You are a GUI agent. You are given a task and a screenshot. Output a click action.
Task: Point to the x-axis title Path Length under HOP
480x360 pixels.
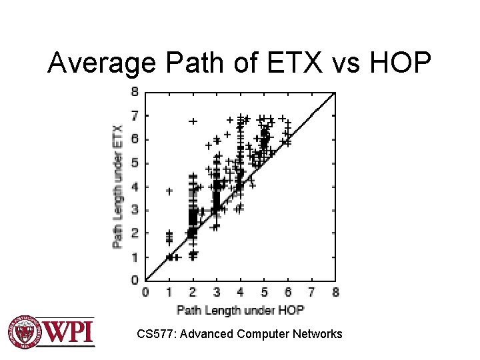coord(240,309)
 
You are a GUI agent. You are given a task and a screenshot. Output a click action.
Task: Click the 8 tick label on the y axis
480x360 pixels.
coord(135,91)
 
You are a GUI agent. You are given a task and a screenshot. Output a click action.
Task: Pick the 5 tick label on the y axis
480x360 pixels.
coord(135,163)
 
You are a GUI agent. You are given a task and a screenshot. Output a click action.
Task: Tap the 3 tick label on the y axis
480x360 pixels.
coord(135,210)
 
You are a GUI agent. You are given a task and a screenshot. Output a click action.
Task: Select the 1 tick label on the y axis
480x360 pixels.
coord(135,257)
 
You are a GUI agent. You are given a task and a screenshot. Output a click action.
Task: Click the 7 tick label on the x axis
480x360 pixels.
coord(311,292)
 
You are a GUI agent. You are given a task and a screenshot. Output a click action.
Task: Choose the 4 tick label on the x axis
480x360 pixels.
coord(240,292)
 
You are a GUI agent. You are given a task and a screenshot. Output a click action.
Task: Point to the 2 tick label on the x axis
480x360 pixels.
coord(193,292)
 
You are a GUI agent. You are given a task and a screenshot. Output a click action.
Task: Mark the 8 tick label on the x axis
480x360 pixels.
coord(335,292)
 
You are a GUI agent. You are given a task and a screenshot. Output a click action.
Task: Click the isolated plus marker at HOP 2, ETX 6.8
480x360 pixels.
coord(193,121)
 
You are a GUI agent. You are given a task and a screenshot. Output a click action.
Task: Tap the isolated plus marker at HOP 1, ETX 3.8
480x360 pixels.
coord(169,191)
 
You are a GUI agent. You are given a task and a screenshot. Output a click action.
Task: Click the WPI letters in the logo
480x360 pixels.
coord(69,331)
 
